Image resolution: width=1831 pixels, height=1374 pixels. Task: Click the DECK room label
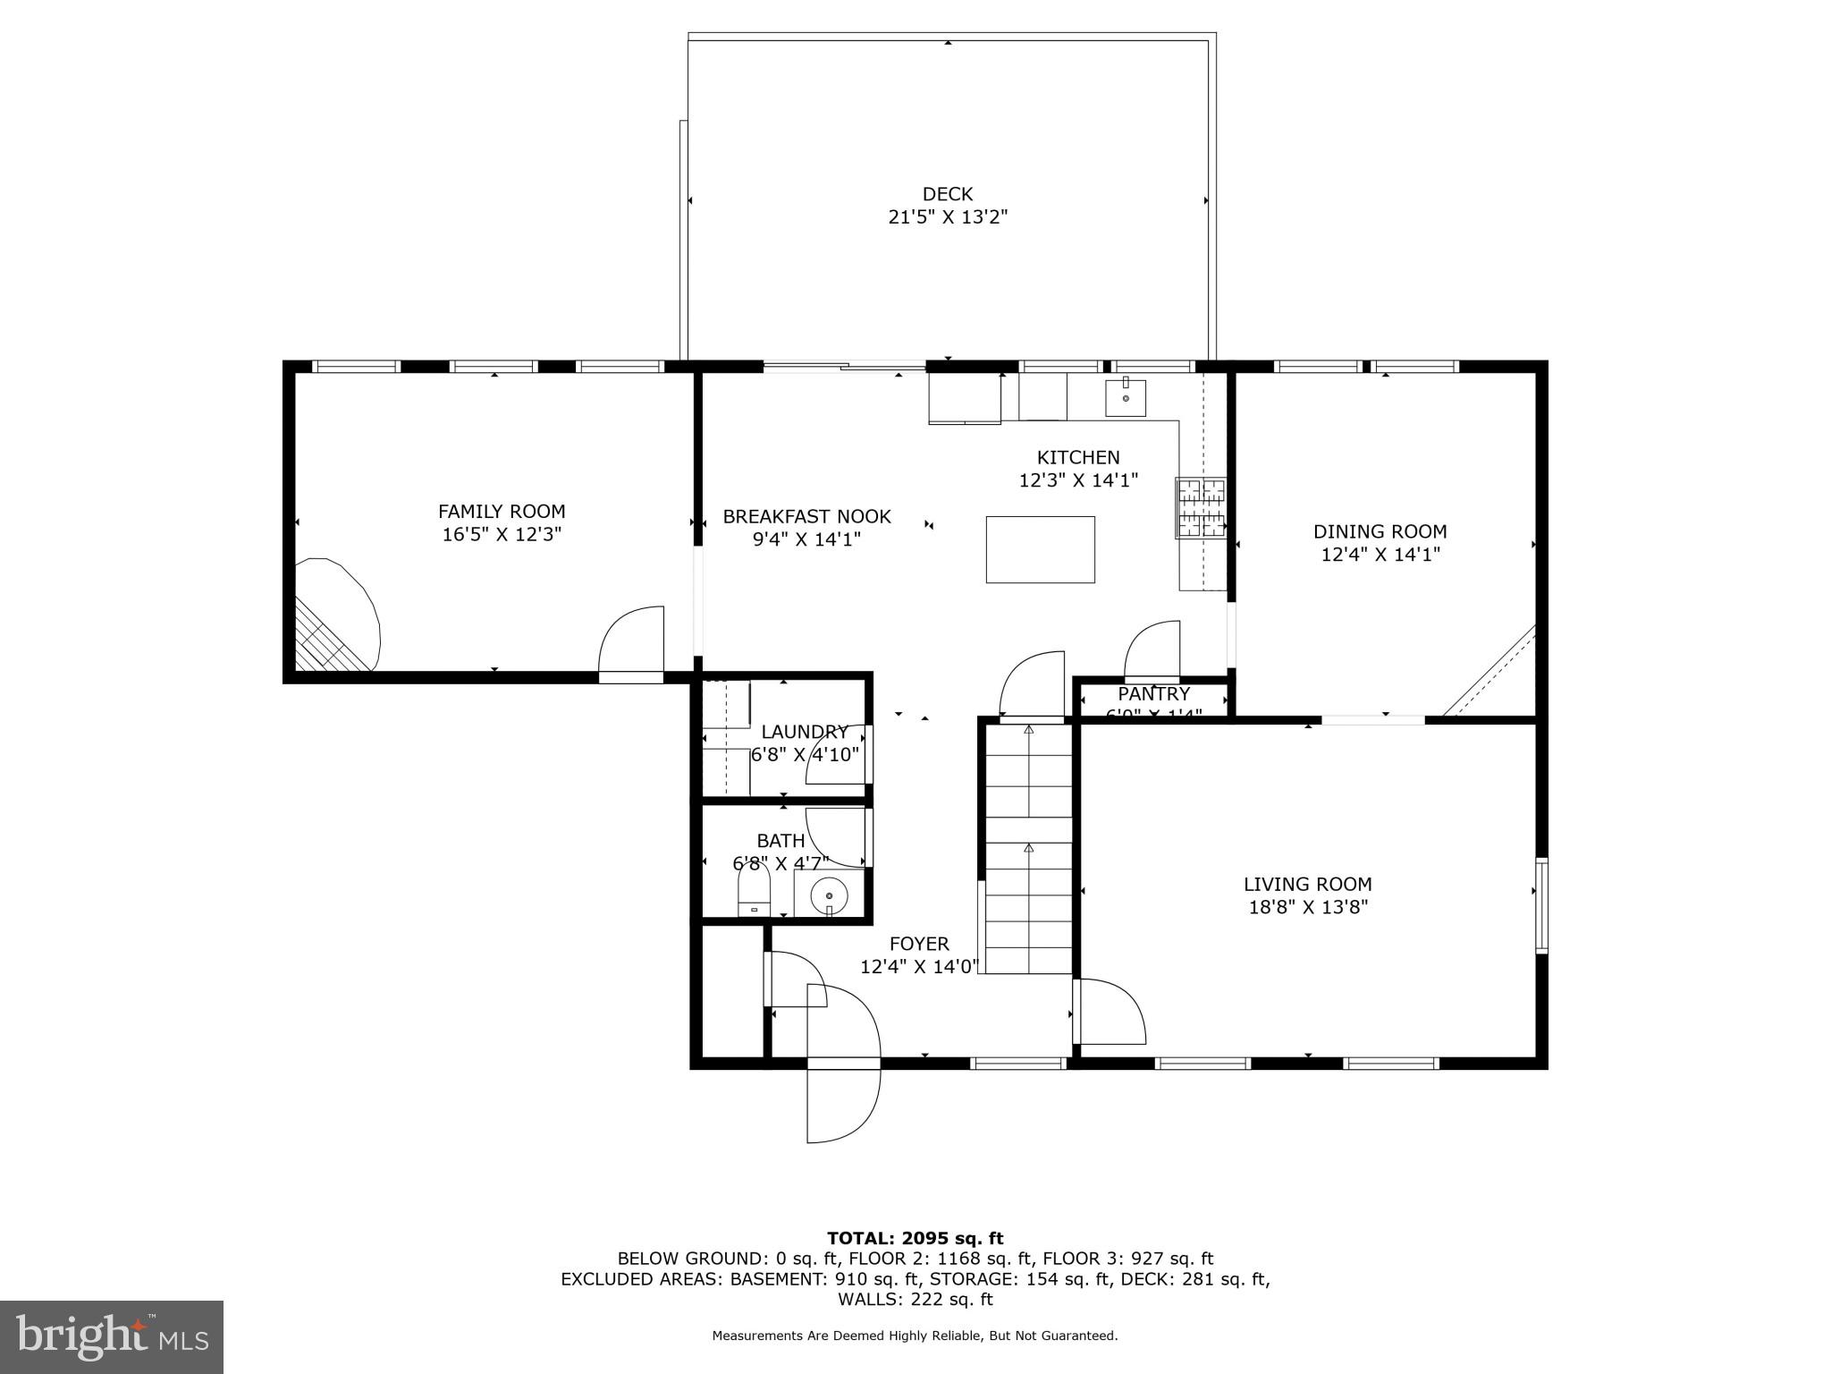[947, 194]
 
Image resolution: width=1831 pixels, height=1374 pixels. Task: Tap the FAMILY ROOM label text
[501, 512]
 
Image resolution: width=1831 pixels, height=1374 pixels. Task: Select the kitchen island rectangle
[1040, 549]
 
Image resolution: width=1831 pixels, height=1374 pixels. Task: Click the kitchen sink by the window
[1125, 397]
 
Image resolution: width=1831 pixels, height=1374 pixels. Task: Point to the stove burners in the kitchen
[1200, 507]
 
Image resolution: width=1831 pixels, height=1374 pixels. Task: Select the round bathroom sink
[830, 894]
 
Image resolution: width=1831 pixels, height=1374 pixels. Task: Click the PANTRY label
[1153, 694]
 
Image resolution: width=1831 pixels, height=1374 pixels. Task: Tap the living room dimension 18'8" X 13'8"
[1308, 907]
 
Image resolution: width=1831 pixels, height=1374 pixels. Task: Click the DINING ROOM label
[1380, 531]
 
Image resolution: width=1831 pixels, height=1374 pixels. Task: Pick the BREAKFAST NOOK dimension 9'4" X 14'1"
[806, 539]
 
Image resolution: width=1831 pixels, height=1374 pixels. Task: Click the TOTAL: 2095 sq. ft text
[915, 1238]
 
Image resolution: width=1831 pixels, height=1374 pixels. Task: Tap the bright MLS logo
[111, 1336]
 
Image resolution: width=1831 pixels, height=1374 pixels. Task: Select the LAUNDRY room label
[804, 732]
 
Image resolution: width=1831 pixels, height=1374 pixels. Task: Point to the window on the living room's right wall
[1541, 904]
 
